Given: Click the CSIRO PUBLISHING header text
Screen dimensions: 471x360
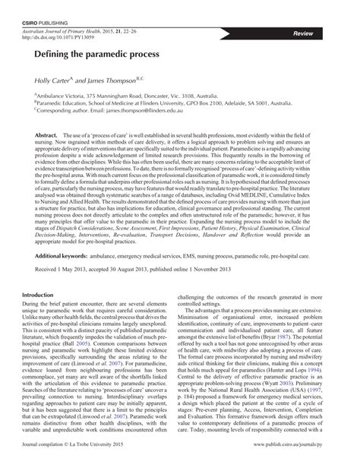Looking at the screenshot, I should coord(46,8).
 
